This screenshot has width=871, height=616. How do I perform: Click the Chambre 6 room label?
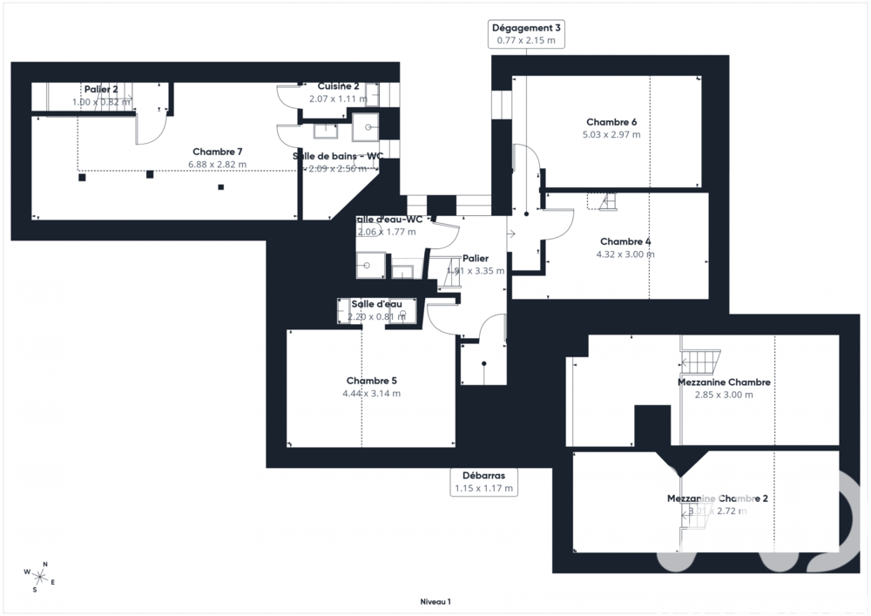pos(611,122)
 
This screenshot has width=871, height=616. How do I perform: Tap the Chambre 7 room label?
pos(217,152)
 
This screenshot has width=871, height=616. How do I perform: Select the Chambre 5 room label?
pos(371,381)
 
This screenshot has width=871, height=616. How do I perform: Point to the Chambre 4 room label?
pos(625,241)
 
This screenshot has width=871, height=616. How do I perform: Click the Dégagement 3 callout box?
pos(526,34)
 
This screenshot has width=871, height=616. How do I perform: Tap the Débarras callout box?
pos(484,482)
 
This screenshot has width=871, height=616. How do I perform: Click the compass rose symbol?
pos(39,576)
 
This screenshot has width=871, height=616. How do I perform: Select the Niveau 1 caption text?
pos(435,601)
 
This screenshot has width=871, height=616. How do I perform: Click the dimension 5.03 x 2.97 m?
pos(611,135)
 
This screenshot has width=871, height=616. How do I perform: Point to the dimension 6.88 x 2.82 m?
pos(217,164)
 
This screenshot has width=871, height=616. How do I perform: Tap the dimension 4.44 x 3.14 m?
pos(371,394)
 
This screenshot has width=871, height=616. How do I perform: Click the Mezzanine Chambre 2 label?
pos(717,498)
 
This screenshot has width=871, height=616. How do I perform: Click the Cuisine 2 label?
pos(338,86)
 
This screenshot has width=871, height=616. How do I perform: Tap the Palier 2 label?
pos(101,89)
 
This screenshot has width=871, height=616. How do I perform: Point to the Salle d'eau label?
pos(376,304)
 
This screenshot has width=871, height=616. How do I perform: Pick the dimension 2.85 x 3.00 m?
pos(723,395)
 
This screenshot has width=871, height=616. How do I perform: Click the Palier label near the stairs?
pos(476,259)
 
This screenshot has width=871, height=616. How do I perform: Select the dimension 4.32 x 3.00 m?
pos(625,254)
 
